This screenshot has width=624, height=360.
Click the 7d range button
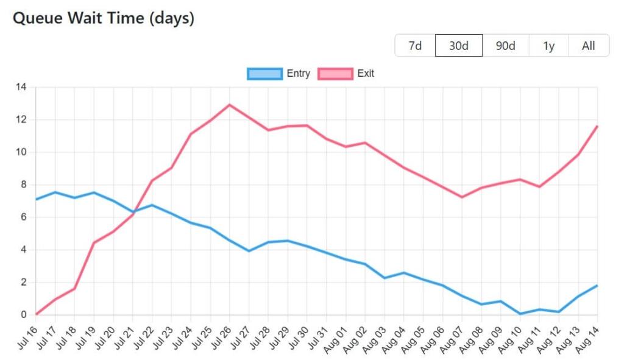pyautogui.click(x=415, y=46)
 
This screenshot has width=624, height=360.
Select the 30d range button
pyautogui.click(x=459, y=46)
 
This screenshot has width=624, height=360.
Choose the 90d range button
pyautogui.click(x=505, y=46)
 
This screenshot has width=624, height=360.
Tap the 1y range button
pyautogui.click(x=548, y=46)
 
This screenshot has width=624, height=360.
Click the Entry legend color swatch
pyautogui.click(x=264, y=74)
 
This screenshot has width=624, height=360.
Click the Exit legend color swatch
pyautogui.click(x=335, y=74)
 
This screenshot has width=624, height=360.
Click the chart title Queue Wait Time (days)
pyautogui.click(x=104, y=18)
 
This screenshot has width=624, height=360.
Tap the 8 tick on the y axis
pyautogui.click(x=23, y=185)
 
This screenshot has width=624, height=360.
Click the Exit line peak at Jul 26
pyautogui.click(x=230, y=105)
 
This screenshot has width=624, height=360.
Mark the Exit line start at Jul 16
pyautogui.click(x=36, y=314)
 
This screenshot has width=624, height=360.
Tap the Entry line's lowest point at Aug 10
pyautogui.click(x=520, y=314)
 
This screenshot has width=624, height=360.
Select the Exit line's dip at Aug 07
pyautogui.click(x=462, y=197)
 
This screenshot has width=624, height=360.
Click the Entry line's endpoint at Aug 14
pyautogui.click(x=597, y=286)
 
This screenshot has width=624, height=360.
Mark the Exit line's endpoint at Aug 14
pyautogui.click(x=597, y=126)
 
